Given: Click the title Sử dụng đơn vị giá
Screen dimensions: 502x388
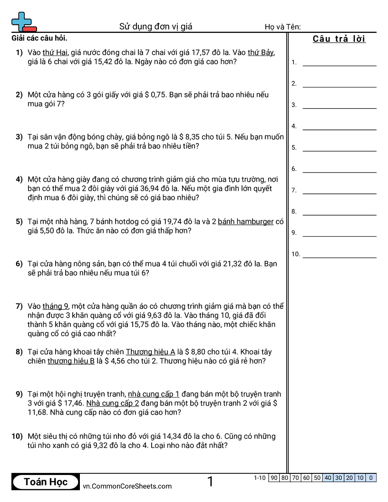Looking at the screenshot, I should click(x=155, y=27).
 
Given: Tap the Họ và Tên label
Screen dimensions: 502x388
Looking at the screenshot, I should click(x=282, y=27).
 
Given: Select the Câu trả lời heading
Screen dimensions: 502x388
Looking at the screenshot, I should click(x=339, y=39).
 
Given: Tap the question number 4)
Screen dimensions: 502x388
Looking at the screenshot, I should click(x=19, y=180).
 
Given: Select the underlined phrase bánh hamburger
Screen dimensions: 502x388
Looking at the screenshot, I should click(x=245, y=222).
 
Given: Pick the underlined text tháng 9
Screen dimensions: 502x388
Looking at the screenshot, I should click(x=56, y=306).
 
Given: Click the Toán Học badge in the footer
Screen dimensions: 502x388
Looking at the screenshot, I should click(x=46, y=482).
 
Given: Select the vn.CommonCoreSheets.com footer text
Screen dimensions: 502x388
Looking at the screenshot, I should click(x=127, y=486).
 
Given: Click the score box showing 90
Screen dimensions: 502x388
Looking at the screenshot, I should click(x=274, y=478).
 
